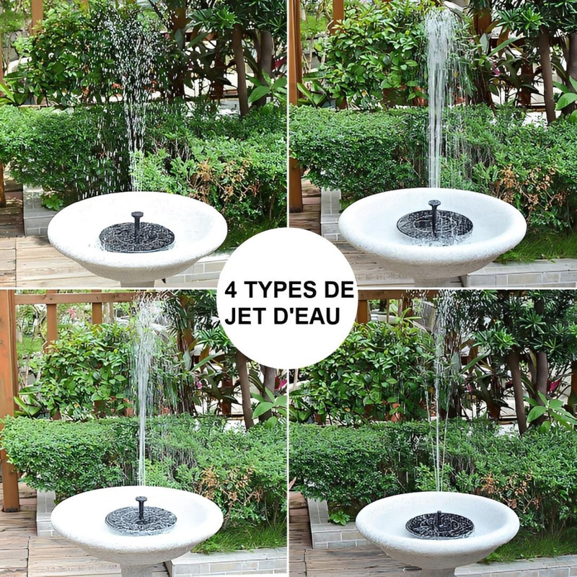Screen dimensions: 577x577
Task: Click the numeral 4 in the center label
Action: [231, 290]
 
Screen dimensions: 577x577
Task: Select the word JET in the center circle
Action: [245, 316]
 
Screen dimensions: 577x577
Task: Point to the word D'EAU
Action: [307, 316]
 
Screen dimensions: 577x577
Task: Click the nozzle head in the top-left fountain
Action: [137, 214]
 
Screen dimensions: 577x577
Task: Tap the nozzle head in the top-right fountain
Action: [434, 203]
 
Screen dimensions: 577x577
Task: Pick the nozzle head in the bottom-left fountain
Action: [141, 499]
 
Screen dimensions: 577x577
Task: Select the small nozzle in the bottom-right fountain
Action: [439, 514]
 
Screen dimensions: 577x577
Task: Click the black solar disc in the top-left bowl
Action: [136, 237]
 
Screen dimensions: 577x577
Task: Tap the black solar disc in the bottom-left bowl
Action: [141, 520]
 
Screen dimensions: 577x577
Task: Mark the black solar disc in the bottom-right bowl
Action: [440, 526]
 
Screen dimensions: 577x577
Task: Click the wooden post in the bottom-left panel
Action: [8, 401]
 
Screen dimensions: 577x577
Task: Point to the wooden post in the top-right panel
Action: [295, 107]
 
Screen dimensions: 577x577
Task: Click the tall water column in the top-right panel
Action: [438, 100]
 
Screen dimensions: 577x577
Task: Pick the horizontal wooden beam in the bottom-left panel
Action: [74, 298]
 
